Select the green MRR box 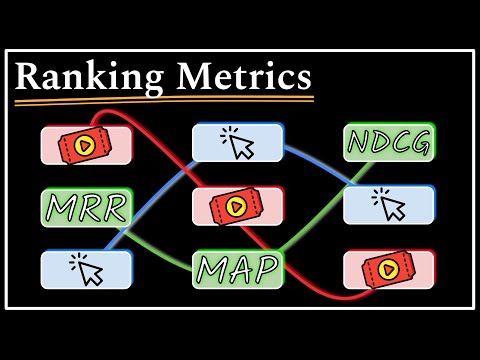pos(86,208)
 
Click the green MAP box pos(238,269)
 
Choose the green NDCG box pos(389,143)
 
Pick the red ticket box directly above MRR pos(86,145)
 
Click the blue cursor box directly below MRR pos(86,269)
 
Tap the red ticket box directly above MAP pos(238,206)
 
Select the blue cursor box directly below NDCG pos(389,205)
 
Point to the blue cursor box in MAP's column pos(238,144)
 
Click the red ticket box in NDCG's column pos(389,269)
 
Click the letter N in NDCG pos(359,143)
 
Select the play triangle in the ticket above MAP pos(236,206)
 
